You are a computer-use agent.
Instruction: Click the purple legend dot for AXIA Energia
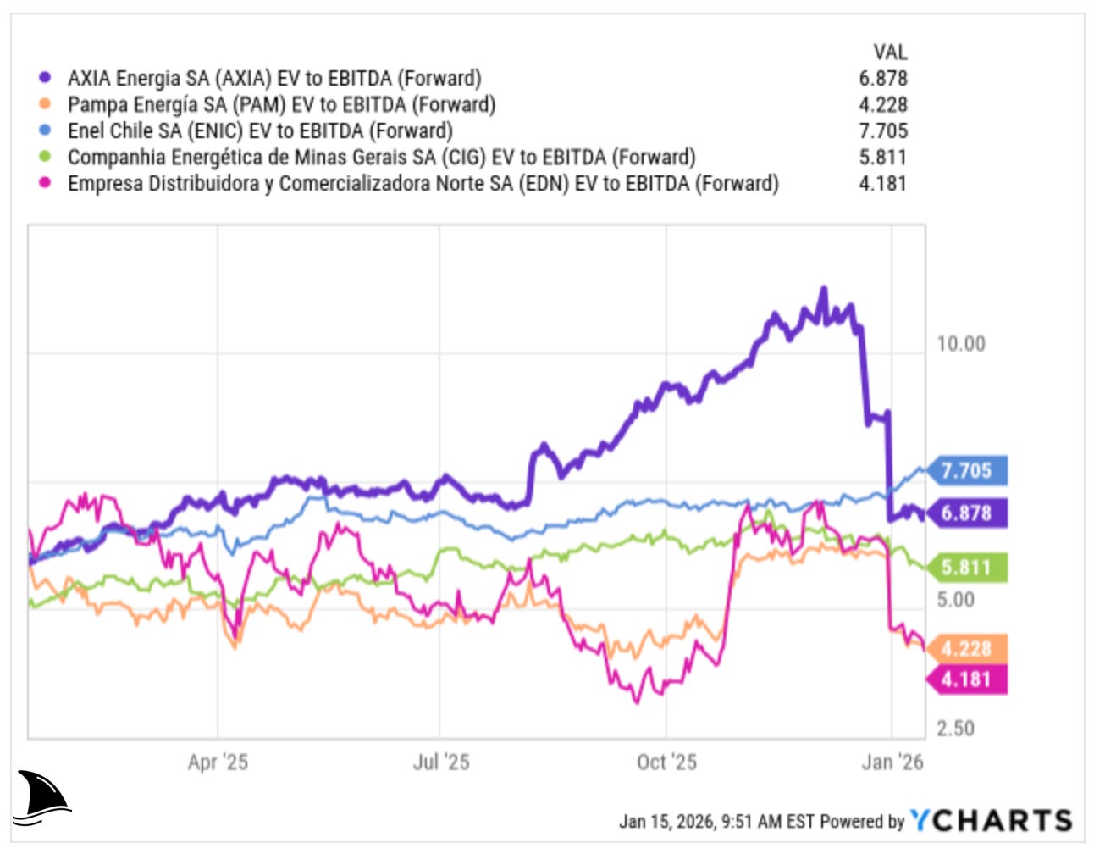point(45,78)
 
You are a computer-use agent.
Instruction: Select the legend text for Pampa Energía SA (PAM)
point(281,104)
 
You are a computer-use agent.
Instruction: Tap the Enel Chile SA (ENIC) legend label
point(260,130)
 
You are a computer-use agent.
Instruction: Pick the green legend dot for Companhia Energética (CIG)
point(45,157)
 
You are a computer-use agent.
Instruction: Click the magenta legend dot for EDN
point(45,183)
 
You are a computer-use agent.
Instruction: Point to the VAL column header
point(889,52)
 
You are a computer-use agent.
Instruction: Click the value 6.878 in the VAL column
point(882,78)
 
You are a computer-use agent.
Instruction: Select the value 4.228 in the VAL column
point(882,104)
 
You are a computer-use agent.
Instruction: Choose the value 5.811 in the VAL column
point(882,157)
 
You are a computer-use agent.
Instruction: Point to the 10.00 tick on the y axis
point(960,344)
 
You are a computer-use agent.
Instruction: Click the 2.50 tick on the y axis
point(955,729)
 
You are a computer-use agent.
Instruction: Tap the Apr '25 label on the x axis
point(218,762)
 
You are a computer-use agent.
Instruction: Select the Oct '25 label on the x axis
point(666,762)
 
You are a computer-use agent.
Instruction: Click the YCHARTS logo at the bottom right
point(991,820)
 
